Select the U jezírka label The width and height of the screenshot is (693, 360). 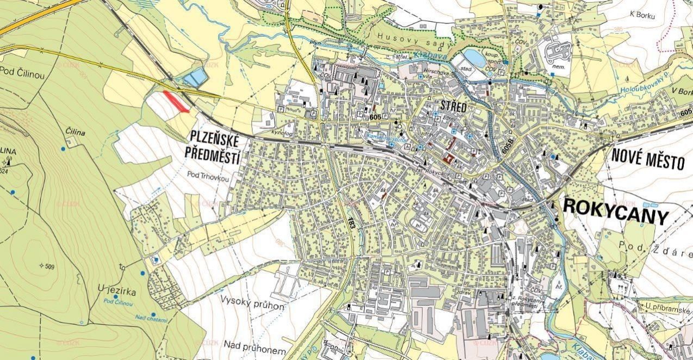click(x=117, y=291)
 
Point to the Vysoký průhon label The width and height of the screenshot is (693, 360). click(x=252, y=303)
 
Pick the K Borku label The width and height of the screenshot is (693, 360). click(x=642, y=15)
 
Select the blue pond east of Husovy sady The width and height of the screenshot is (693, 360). click(x=474, y=57)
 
